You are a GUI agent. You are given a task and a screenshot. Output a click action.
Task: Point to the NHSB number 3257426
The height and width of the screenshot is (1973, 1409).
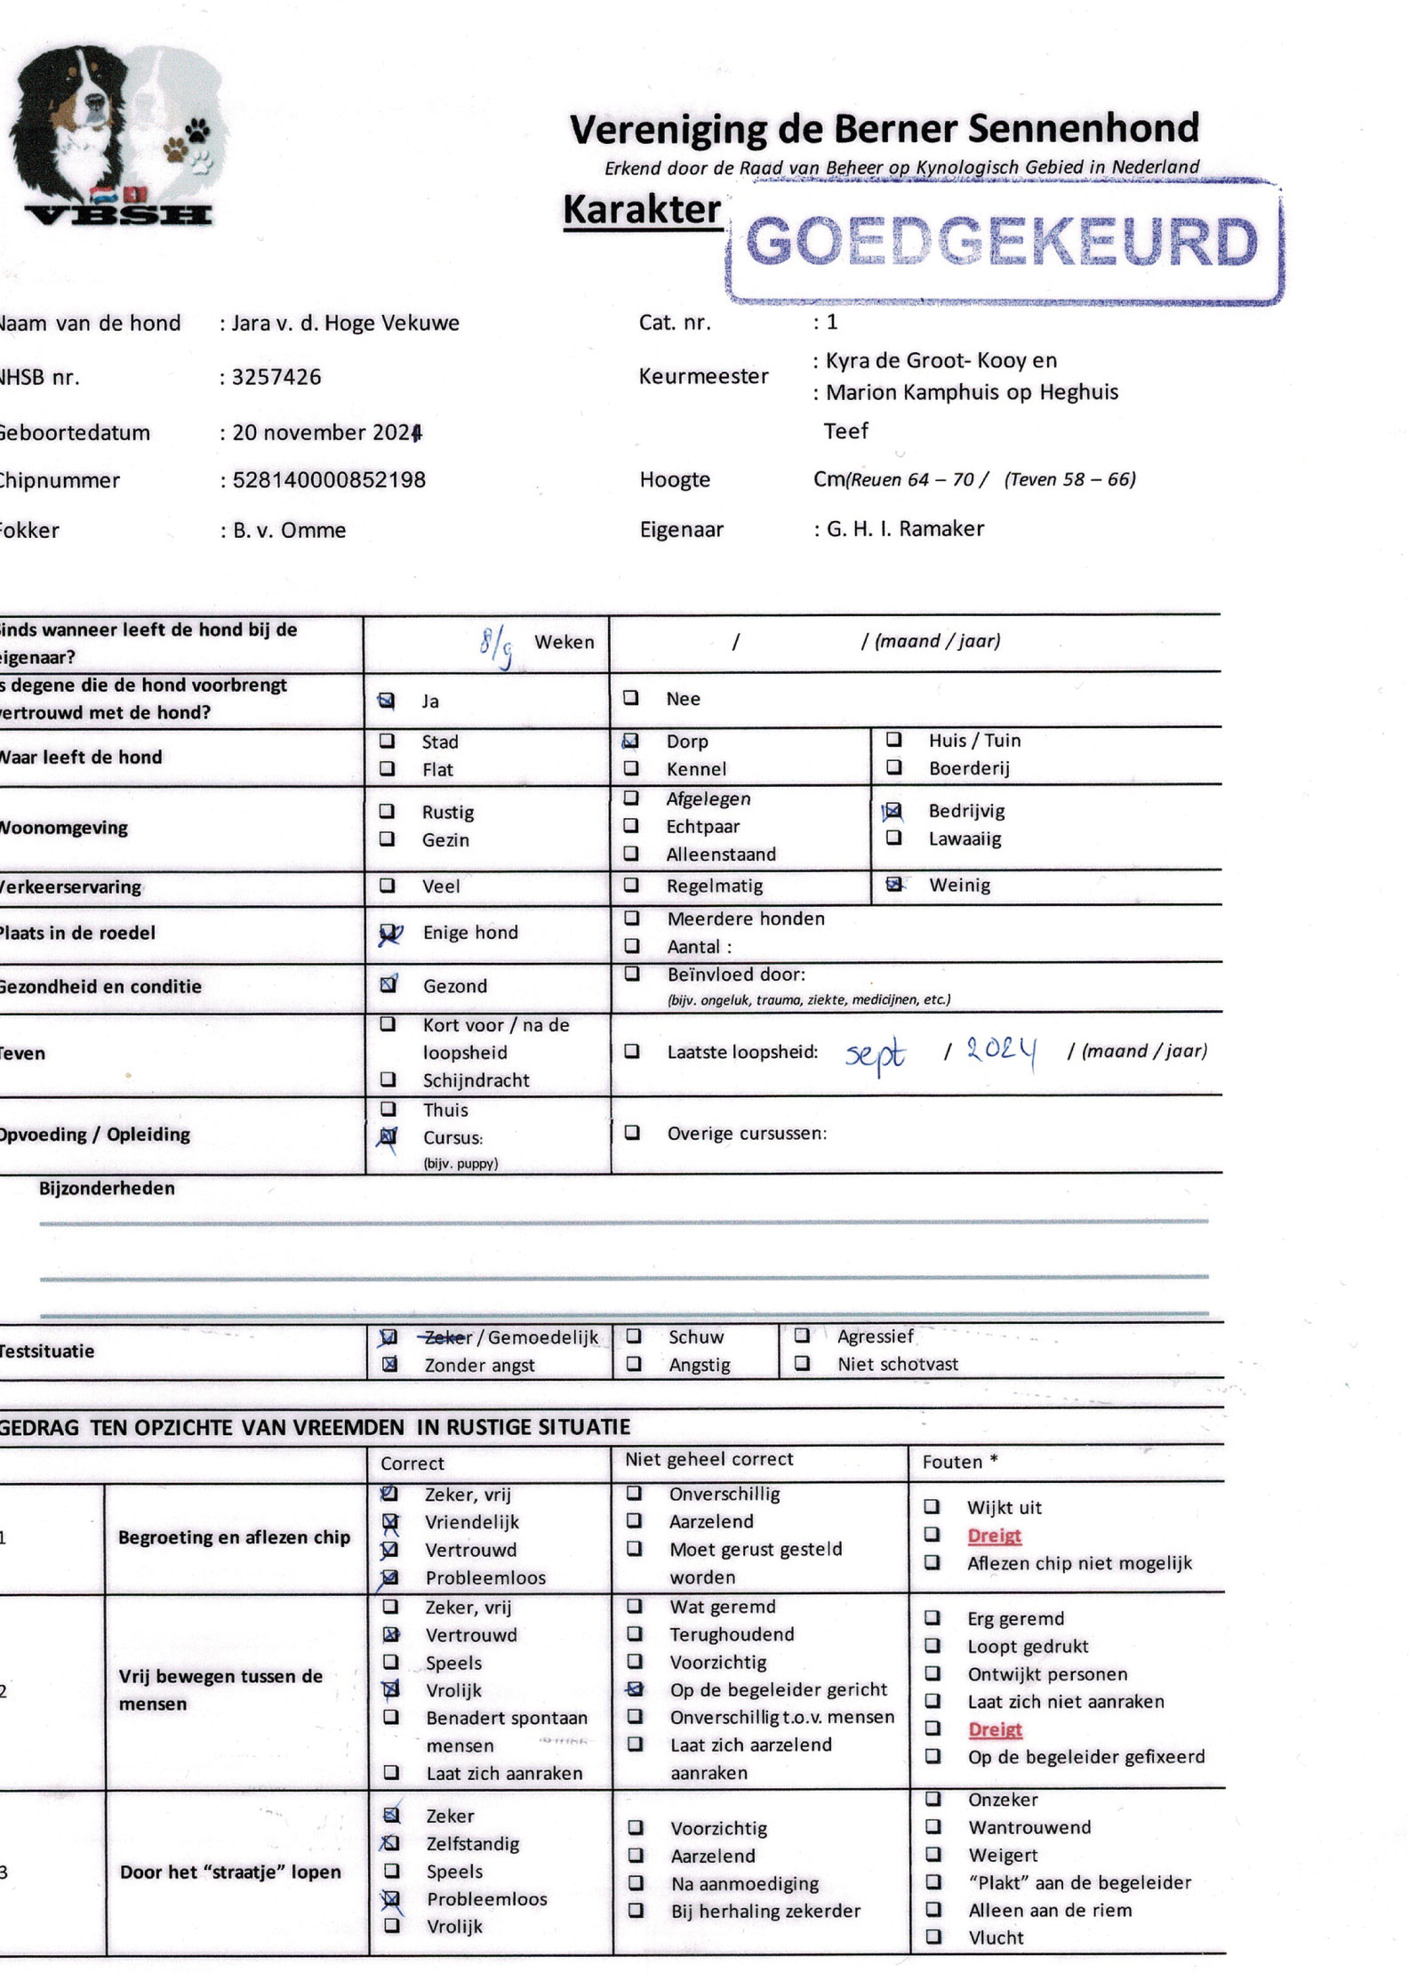tap(276, 377)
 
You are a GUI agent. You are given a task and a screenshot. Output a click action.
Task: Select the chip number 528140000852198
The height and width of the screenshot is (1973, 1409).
tap(329, 480)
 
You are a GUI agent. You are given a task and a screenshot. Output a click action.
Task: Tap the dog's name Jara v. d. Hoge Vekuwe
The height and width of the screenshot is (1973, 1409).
tap(345, 323)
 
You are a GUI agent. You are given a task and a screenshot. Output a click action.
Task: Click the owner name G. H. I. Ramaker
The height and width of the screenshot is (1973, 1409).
tap(905, 529)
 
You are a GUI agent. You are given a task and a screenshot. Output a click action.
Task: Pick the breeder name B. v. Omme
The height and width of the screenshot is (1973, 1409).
tap(289, 531)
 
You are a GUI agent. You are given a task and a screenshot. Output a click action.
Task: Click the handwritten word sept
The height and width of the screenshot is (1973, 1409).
tap(875, 1055)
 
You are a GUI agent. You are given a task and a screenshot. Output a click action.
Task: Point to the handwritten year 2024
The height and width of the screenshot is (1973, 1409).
tap(1001, 1052)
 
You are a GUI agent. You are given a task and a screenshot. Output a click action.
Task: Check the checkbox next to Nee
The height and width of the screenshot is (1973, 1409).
tap(630, 698)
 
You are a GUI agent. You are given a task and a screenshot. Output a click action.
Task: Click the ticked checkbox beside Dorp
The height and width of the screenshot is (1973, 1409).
tap(630, 741)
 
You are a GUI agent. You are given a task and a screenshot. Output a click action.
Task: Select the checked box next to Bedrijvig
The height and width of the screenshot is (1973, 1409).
tap(893, 811)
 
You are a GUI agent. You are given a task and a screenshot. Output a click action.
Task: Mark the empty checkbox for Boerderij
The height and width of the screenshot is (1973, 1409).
tap(894, 767)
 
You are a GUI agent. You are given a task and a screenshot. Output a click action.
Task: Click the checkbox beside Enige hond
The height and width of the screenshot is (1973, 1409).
tap(388, 934)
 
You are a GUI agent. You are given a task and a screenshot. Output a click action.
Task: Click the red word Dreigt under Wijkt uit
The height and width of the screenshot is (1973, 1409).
tap(994, 1536)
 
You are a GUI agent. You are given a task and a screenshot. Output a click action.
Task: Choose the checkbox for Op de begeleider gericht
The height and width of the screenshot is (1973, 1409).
tap(634, 1688)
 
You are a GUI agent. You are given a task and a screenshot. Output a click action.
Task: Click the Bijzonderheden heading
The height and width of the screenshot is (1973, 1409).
tap(107, 1189)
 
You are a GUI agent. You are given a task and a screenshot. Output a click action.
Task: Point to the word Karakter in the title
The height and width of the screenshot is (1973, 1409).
tap(642, 210)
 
